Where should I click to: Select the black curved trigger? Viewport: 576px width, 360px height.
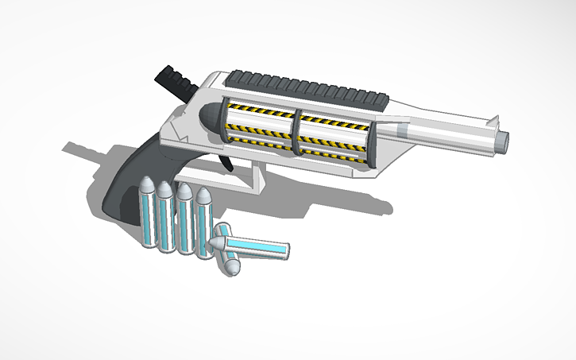coord(226,161)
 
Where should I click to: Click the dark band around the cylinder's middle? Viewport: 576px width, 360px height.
coord(296,131)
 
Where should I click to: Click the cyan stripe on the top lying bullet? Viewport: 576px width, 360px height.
coord(262,250)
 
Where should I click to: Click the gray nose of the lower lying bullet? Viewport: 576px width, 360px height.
coord(229,269)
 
